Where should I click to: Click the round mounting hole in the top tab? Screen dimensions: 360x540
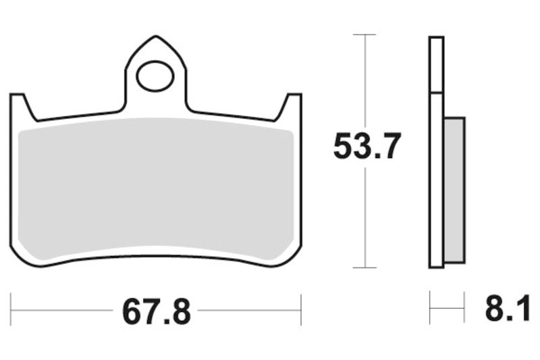coord(155,76)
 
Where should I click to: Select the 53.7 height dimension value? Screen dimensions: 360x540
coord(367,147)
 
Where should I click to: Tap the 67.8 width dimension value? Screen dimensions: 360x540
coord(157,311)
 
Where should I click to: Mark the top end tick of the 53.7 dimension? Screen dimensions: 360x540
coord(364,34)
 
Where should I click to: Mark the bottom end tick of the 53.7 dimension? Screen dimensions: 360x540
coord(364,267)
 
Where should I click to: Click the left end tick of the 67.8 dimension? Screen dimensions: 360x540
coord(11,311)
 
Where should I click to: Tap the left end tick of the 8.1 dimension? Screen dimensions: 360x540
coord(430,311)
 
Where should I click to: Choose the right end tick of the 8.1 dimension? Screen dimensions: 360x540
coord(465,311)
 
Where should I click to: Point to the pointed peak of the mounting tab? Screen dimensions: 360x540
coord(155,37)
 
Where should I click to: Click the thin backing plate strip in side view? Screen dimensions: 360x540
coord(436,152)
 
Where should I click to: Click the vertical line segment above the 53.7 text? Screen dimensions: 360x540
coord(364,81)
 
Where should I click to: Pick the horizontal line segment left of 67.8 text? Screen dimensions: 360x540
coord(61,311)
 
